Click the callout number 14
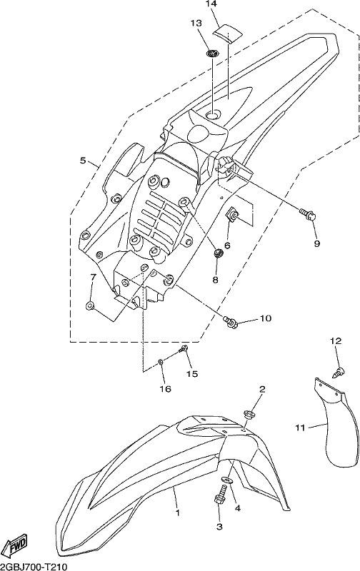[x=211, y=4]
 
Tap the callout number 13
[x=196, y=24]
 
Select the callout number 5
[x=83, y=160]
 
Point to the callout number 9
[x=316, y=243]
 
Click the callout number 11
[x=300, y=428]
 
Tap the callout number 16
[x=165, y=389]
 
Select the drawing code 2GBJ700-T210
[x=34, y=567]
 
